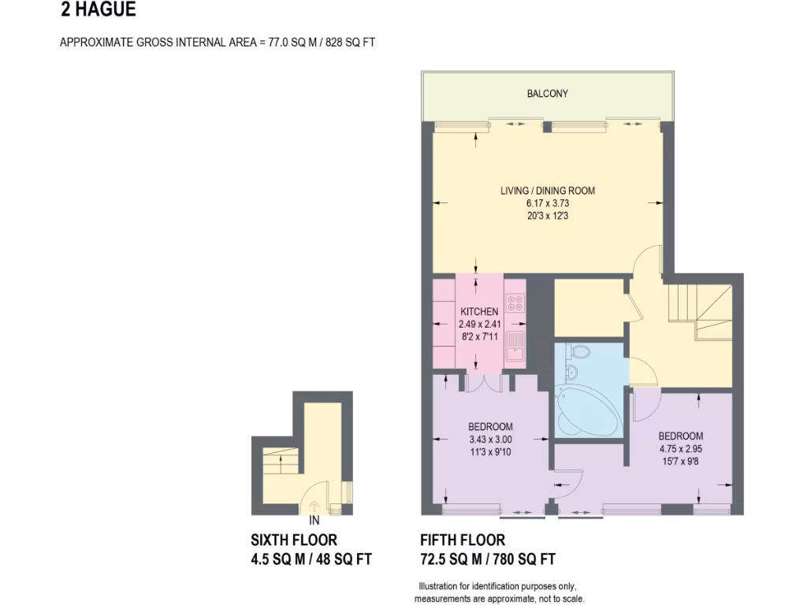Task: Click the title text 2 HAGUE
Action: [98, 10]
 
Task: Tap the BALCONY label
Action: [547, 94]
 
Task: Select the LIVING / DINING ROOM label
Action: [547, 191]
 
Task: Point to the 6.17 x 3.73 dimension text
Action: [547, 202]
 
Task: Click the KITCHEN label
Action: [479, 311]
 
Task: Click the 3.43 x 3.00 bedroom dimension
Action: [490, 439]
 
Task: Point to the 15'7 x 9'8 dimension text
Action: [681, 460]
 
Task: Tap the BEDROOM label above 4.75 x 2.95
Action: [681, 436]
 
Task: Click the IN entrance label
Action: [314, 521]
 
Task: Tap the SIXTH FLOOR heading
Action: [293, 540]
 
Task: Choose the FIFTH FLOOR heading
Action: [463, 540]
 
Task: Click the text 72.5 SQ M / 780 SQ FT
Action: [488, 559]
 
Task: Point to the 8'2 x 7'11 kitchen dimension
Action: [479, 335]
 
